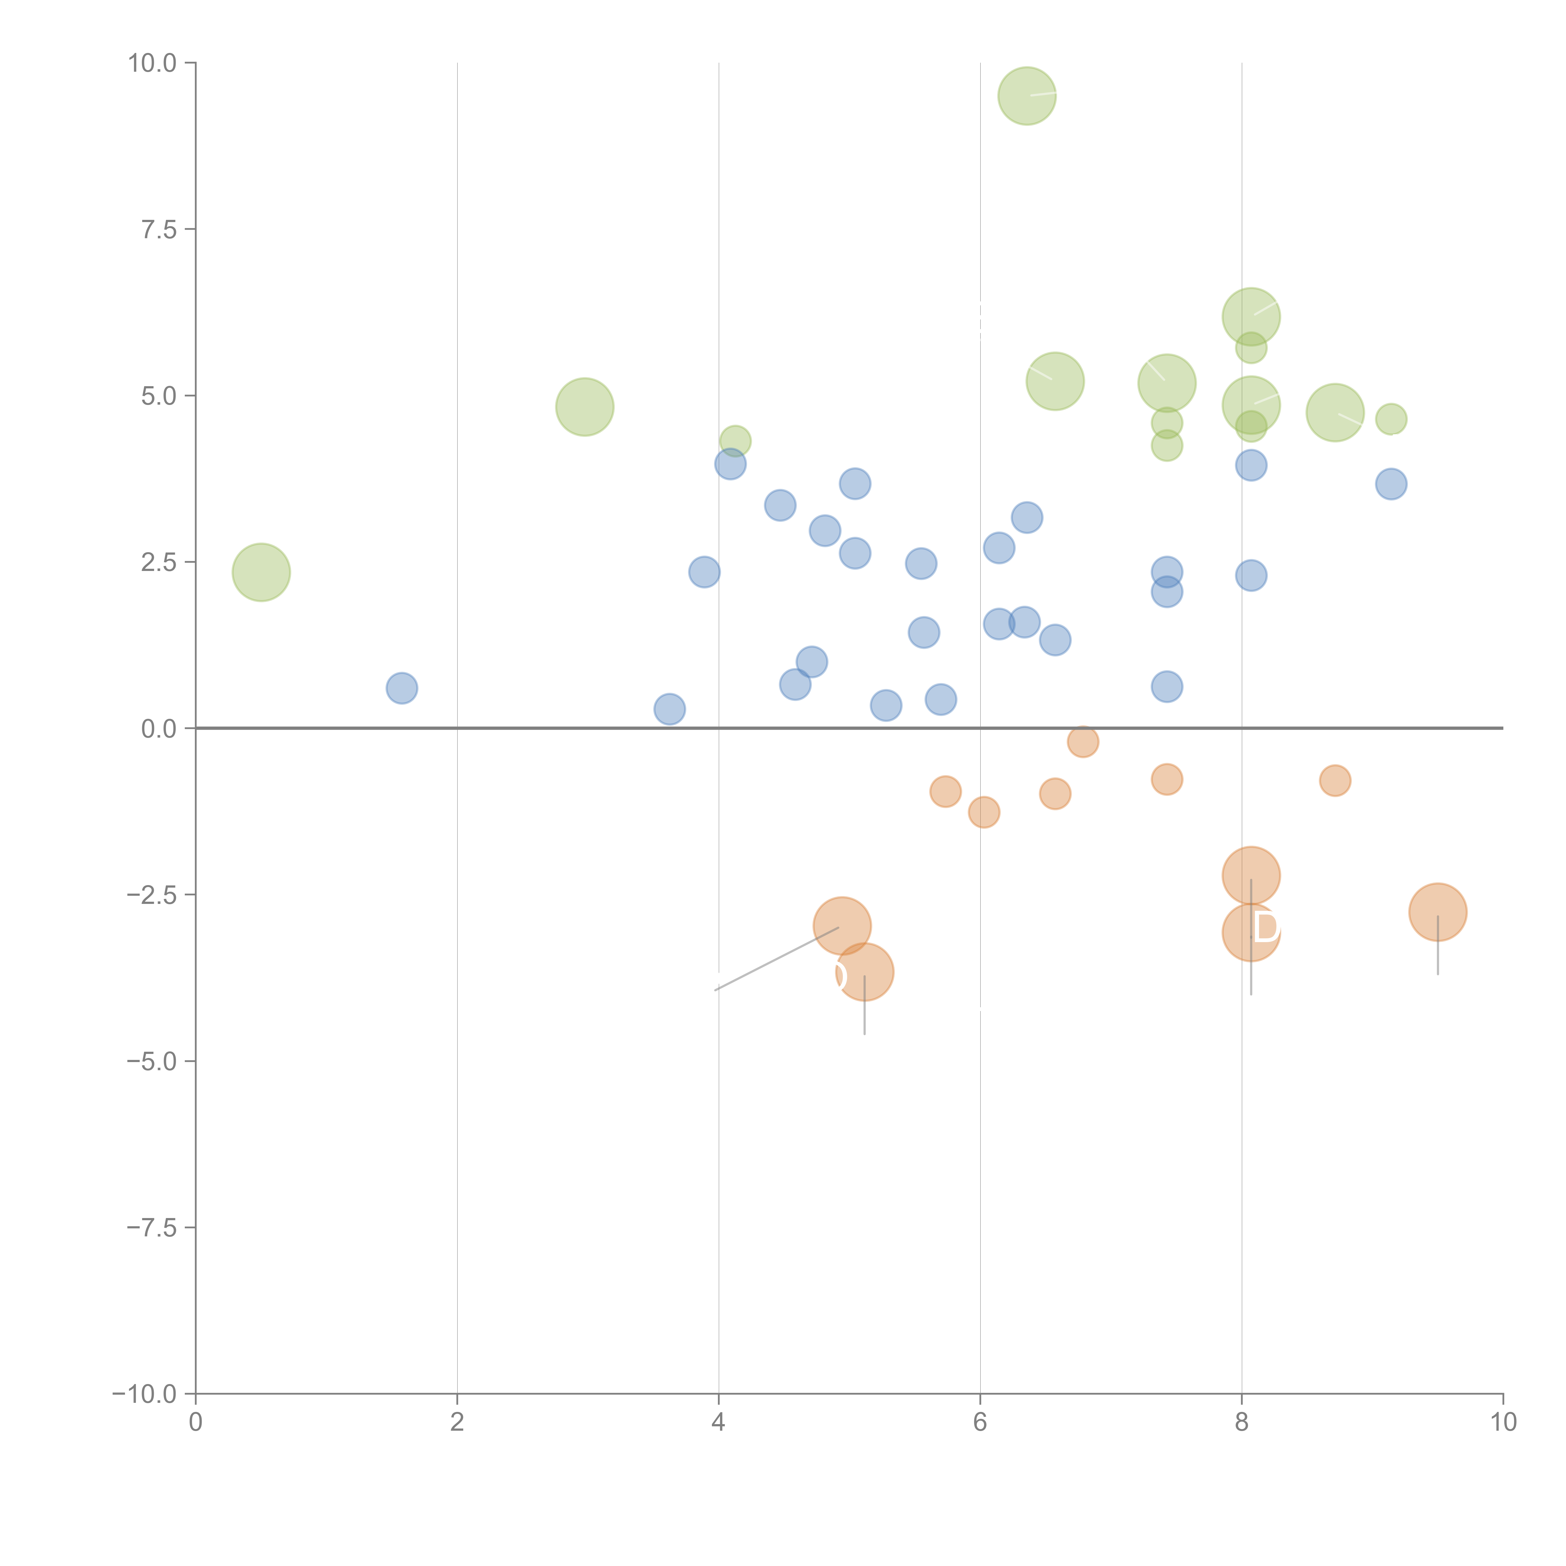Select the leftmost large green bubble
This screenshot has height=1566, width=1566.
tap(261, 572)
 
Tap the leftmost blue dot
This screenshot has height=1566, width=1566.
tap(401, 688)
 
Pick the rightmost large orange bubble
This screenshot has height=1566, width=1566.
tap(1437, 912)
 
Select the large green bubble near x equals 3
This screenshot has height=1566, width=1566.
tap(584, 407)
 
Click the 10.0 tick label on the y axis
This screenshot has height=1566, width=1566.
tap(153, 63)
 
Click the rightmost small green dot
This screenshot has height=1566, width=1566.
tap(1391, 419)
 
